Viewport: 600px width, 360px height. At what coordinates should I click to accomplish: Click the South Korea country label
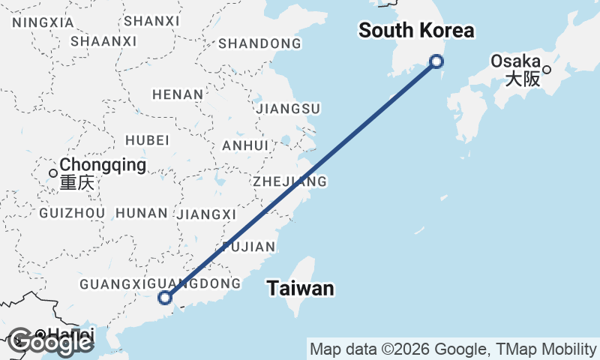coord(416,31)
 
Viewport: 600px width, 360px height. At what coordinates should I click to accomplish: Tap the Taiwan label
coord(300,288)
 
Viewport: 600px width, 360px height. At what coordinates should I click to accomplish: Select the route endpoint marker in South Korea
coord(436,61)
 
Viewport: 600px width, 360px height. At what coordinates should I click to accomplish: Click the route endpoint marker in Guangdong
coord(165,298)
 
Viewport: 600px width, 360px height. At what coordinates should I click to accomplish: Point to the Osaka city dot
coord(547,70)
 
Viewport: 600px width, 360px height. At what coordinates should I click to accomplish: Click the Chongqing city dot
coord(53,173)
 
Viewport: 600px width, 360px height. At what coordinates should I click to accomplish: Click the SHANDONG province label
coord(259,43)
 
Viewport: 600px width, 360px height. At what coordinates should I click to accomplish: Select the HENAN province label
coord(178,94)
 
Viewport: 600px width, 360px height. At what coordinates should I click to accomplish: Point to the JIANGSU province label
coord(288,109)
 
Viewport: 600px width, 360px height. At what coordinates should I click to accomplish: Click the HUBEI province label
coord(148,140)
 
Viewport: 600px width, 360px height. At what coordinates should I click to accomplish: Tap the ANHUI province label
coord(245,145)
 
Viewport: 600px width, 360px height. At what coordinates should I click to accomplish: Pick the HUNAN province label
coord(142,213)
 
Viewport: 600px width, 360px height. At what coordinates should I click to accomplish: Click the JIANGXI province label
coord(207,214)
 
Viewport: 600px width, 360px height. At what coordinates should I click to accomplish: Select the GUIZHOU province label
coord(71,213)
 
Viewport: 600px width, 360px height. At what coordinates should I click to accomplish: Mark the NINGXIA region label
coord(43,22)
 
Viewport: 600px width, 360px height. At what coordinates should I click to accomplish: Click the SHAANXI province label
coord(103,41)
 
